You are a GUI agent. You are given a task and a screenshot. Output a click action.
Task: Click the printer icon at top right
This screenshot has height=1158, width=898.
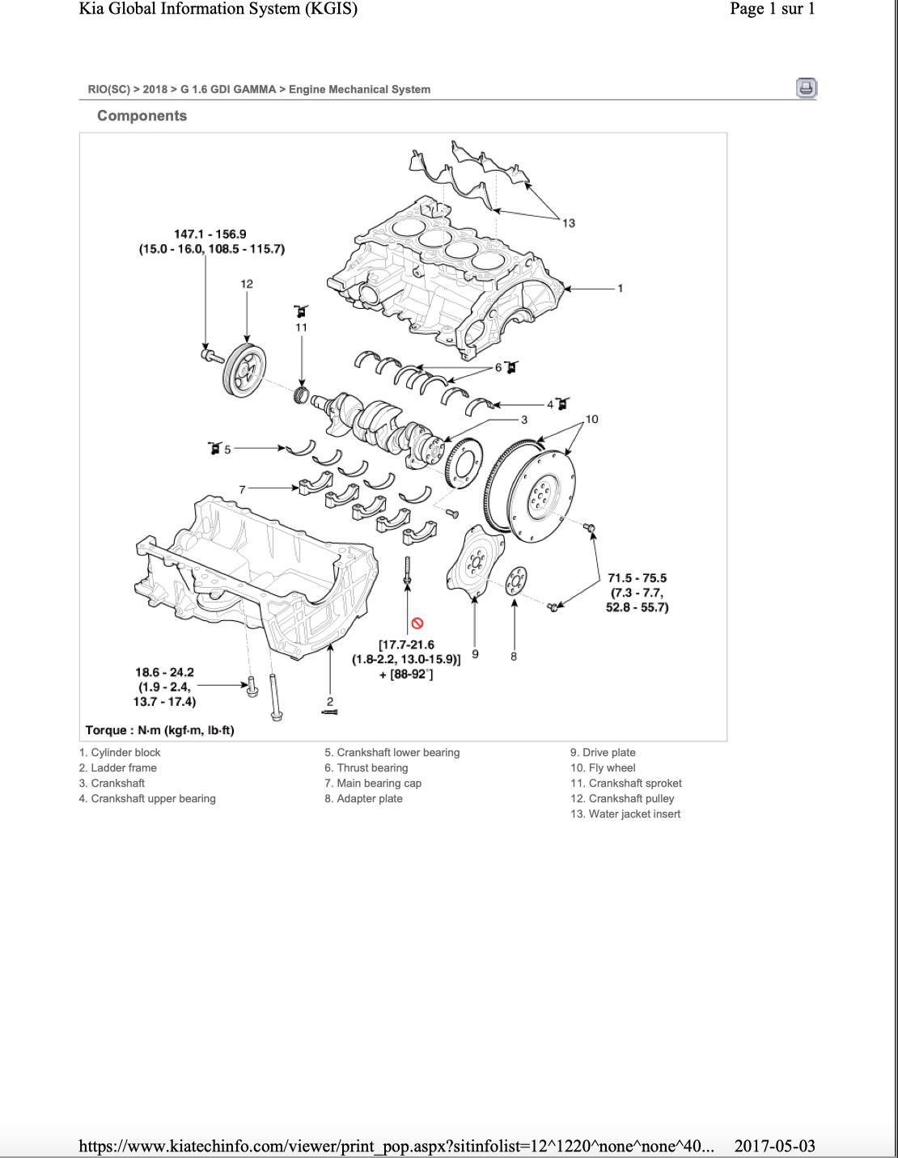806,88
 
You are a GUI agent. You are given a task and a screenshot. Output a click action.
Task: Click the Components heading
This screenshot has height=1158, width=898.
142,116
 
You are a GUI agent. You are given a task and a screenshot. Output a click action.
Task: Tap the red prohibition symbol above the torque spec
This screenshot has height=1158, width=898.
417,623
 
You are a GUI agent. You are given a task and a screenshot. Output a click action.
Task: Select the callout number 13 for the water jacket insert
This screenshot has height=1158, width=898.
569,223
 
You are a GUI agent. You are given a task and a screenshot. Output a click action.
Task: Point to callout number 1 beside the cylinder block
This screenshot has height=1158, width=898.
621,288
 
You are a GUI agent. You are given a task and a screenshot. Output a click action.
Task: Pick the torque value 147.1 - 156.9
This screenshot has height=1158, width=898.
210,234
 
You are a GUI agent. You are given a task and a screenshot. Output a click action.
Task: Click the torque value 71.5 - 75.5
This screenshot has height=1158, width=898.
637,578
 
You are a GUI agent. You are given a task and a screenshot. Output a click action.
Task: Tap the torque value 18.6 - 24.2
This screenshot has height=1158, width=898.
164,672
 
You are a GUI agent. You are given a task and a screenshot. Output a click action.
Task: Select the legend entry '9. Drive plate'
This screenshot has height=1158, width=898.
603,752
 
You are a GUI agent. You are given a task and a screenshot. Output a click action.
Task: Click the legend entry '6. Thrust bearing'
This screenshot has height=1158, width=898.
366,767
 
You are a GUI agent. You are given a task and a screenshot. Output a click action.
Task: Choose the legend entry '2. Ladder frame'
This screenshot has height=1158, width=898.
118,767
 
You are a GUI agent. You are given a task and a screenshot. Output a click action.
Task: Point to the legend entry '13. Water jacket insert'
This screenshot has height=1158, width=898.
625,814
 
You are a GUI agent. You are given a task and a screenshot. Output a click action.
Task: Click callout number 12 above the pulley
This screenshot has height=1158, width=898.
247,284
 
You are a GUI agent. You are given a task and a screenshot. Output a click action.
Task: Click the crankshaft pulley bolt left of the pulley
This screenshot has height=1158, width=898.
211,354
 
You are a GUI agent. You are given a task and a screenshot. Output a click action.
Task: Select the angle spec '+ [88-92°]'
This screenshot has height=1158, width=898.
406,674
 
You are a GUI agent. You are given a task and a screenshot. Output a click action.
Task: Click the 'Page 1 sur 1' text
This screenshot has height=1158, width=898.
772,9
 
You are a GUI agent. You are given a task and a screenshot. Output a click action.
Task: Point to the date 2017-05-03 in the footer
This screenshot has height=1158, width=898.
774,1145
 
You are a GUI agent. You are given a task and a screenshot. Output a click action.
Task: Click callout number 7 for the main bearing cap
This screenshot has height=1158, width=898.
242,489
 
